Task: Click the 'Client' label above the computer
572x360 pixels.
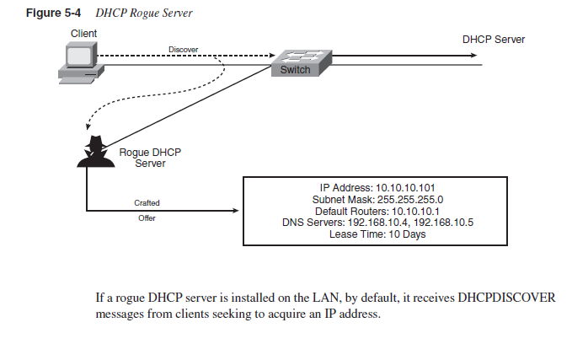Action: point(83,33)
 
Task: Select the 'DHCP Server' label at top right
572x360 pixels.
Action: point(493,40)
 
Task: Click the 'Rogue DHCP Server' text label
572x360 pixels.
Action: point(150,157)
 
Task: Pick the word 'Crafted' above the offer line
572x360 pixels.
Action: point(147,203)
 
